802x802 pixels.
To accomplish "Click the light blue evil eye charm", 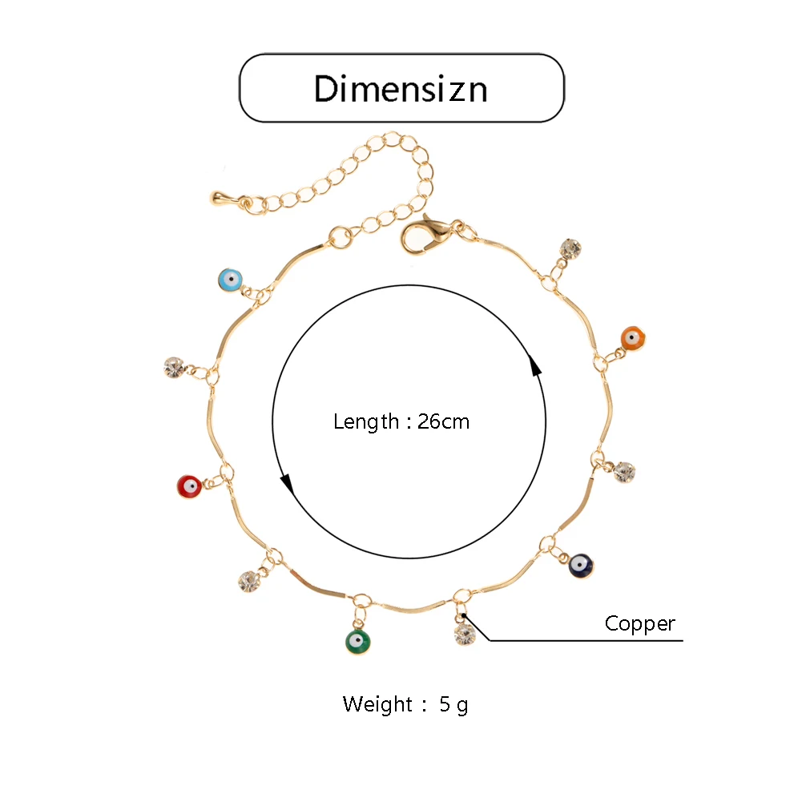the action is point(230,280).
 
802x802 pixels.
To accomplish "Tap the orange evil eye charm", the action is point(633,338).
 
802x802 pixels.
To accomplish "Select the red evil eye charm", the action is point(188,486).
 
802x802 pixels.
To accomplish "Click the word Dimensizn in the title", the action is point(401,88).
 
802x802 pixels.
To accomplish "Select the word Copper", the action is point(640,623).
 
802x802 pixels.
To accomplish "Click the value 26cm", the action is point(443,421).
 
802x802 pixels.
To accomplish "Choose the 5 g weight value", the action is point(453,704).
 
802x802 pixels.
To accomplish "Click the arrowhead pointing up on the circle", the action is point(535,367).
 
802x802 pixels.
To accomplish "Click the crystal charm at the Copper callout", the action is point(465,635).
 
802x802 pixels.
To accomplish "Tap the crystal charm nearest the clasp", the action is point(570,248).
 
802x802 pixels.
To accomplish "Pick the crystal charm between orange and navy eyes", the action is point(625,472).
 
